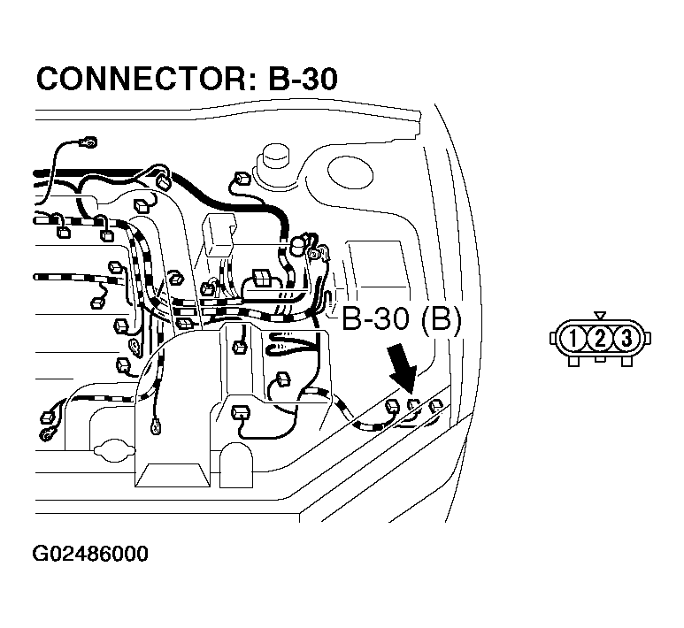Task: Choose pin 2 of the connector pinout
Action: point(600,337)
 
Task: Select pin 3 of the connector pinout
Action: point(626,337)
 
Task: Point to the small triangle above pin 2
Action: point(600,315)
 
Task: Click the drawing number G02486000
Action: point(90,555)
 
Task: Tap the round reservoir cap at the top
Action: point(274,163)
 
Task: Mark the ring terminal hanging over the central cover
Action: point(157,429)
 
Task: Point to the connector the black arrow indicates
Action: point(413,406)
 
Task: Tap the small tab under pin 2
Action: point(600,359)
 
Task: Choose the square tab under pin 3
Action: point(626,360)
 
